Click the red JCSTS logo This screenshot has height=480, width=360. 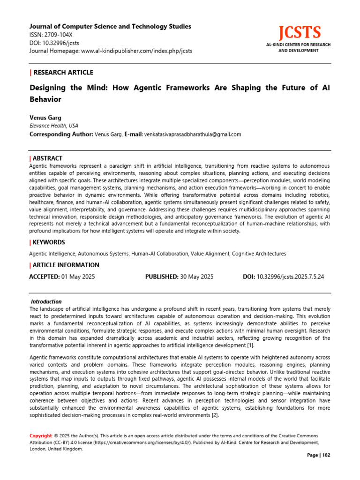pyautogui.click(x=300, y=33)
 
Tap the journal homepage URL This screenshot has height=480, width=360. pyautogui.click(x=135, y=51)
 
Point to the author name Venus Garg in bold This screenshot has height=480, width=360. pyautogui.click(x=45, y=118)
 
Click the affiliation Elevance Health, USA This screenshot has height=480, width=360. pyautogui.click(x=53, y=126)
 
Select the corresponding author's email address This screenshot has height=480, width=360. pyautogui.click(x=192, y=135)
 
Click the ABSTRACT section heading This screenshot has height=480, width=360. pyautogui.click(x=47, y=158)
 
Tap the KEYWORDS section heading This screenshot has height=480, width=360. pyautogui.click(x=49, y=242)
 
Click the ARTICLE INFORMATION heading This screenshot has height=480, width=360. pyautogui.click(x=66, y=265)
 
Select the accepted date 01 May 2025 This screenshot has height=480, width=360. pyautogui.click(x=78, y=277)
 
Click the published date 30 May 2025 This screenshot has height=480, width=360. pyautogui.click(x=197, y=277)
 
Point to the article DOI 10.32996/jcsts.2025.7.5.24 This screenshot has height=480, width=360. pyautogui.click(x=290, y=277)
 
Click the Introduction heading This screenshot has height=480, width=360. pyautogui.click(x=46, y=301)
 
